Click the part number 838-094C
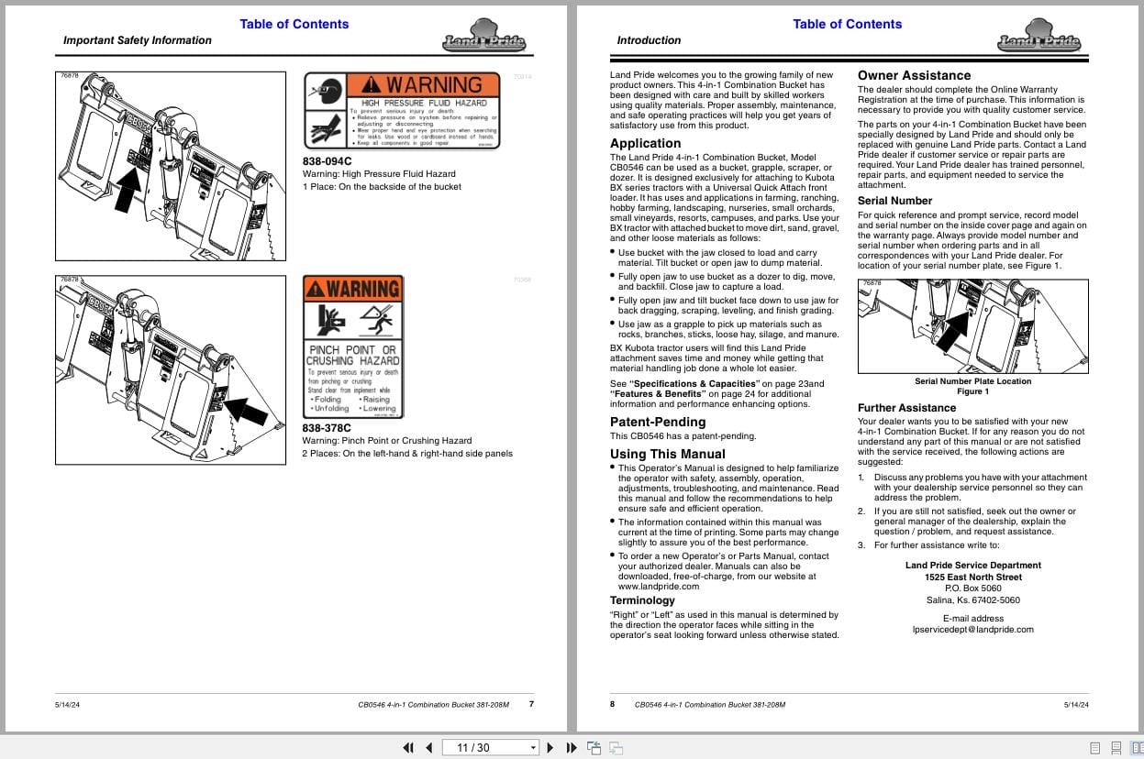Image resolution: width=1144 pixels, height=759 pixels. pyautogui.click(x=327, y=161)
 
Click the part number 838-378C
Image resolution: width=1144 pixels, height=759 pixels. pyautogui.click(x=327, y=427)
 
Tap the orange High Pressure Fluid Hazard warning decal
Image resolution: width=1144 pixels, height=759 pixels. pyautogui.click(x=402, y=111)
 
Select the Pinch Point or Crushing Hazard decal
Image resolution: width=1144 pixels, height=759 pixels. pyautogui.click(x=353, y=347)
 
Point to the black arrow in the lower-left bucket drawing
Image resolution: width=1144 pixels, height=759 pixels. pyautogui.click(x=246, y=408)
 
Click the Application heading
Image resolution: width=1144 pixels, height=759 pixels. pyautogui.click(x=646, y=143)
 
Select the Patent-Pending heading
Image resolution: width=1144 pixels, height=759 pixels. pyautogui.click(x=657, y=422)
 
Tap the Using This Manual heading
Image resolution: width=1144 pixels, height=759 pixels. pyautogui.click(x=667, y=454)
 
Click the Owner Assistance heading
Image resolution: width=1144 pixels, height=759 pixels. pyautogui.click(x=914, y=75)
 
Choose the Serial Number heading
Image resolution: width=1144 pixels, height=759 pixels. pyautogui.click(x=894, y=201)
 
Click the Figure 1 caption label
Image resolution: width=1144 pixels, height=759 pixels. pyautogui.click(x=972, y=391)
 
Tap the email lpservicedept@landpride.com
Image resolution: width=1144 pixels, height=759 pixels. pyautogui.click(x=972, y=630)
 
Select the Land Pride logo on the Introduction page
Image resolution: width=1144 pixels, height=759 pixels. pyautogui.click(x=1038, y=41)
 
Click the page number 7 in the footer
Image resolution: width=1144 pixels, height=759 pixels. pyautogui.click(x=531, y=704)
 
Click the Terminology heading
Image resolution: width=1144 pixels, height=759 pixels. pyautogui.click(x=642, y=600)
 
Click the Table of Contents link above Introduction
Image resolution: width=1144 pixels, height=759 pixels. pyautogui.click(x=847, y=24)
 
